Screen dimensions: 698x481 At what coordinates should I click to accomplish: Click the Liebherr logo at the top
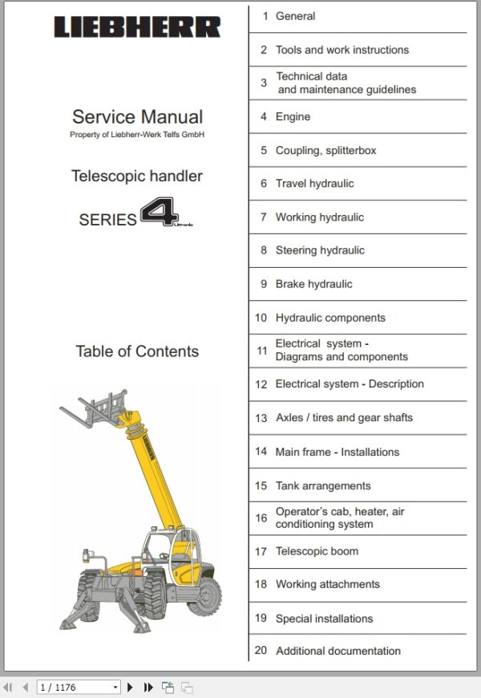[137, 27]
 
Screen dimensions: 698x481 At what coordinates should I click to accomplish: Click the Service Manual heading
[137, 117]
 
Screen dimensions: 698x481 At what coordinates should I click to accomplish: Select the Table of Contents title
[137, 351]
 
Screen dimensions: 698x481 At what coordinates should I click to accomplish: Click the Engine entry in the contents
[293, 117]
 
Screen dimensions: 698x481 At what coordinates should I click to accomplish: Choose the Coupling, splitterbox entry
[325, 151]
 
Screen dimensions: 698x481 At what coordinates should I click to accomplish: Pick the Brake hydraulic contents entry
[313, 284]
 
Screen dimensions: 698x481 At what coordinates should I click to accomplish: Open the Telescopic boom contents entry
[317, 551]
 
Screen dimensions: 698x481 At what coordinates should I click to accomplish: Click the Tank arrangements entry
[323, 485]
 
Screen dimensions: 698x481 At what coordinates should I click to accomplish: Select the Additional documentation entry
[338, 651]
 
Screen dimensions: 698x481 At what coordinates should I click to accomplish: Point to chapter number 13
[261, 418]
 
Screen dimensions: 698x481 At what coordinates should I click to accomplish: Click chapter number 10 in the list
[261, 318]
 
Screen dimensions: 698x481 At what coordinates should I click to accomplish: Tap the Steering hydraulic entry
[320, 250]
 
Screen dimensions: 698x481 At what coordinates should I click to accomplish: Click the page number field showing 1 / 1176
[79, 688]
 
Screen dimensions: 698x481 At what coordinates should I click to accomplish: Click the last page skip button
[148, 688]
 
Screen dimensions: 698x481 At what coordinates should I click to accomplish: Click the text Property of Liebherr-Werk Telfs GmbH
[137, 135]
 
